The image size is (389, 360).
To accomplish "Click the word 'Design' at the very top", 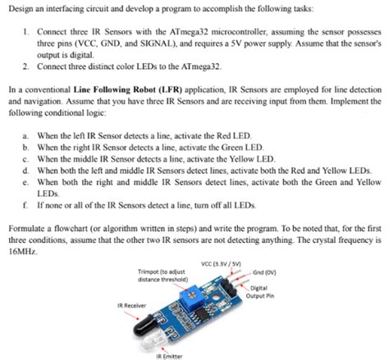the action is [x=18, y=7].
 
